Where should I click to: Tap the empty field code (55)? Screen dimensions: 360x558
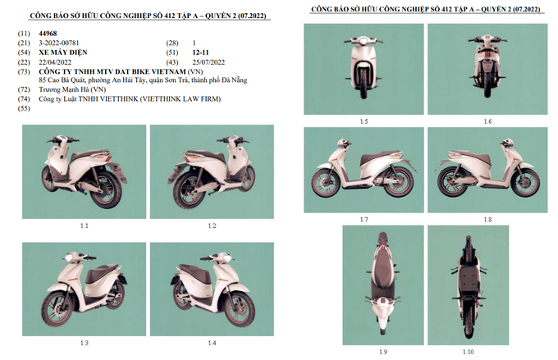point(23,108)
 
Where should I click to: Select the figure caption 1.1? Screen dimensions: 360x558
point(85,226)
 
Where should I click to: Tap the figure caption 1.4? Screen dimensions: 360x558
point(212,342)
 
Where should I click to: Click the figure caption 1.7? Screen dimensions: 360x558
point(364,220)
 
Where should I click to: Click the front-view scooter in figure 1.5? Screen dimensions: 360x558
point(364,70)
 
